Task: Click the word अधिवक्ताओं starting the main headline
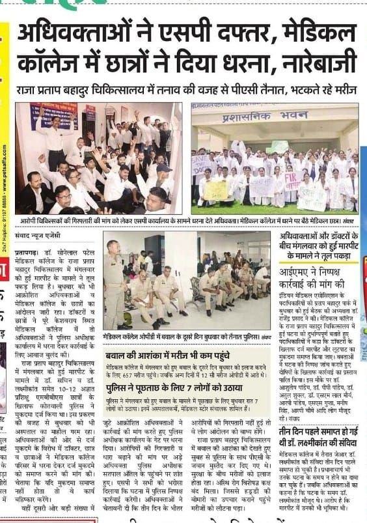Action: click(85, 32)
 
